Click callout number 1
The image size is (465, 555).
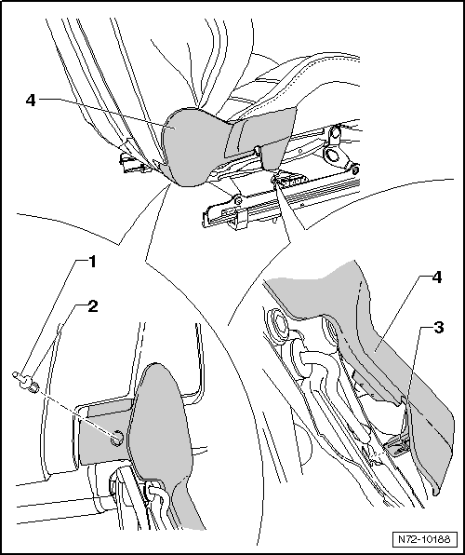point(92,262)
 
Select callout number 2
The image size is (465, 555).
point(92,305)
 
